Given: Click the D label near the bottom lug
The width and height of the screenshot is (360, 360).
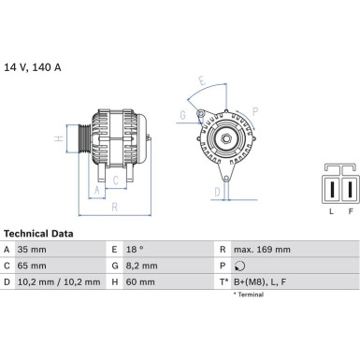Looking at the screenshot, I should (217, 193).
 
